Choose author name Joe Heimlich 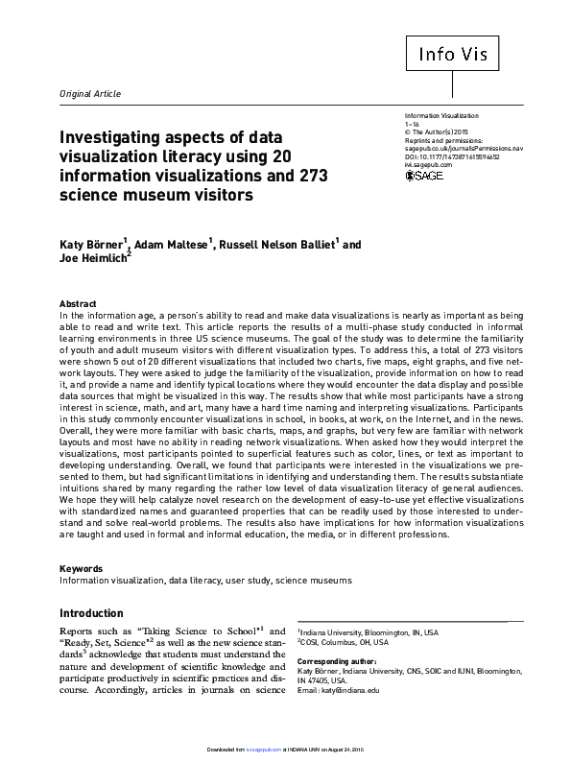[x=92, y=259]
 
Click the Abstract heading [x=78, y=302]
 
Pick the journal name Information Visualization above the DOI [x=441, y=116]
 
